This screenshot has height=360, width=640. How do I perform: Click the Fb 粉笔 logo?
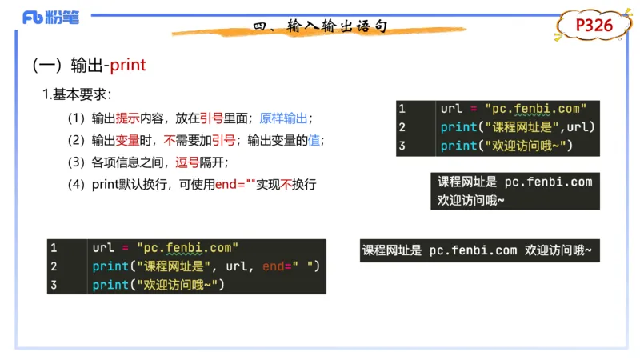tap(51, 18)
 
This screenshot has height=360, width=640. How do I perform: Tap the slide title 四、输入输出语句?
tap(320, 27)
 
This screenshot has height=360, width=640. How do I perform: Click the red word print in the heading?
tap(128, 65)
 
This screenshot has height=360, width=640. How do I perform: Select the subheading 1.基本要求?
tap(77, 94)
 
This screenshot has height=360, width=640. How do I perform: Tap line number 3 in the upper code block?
tap(402, 146)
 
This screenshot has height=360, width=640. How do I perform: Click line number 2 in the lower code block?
tap(54, 266)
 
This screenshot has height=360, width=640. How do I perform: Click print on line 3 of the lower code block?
tap(110, 285)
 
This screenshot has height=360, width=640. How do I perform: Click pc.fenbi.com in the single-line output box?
tap(472, 250)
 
